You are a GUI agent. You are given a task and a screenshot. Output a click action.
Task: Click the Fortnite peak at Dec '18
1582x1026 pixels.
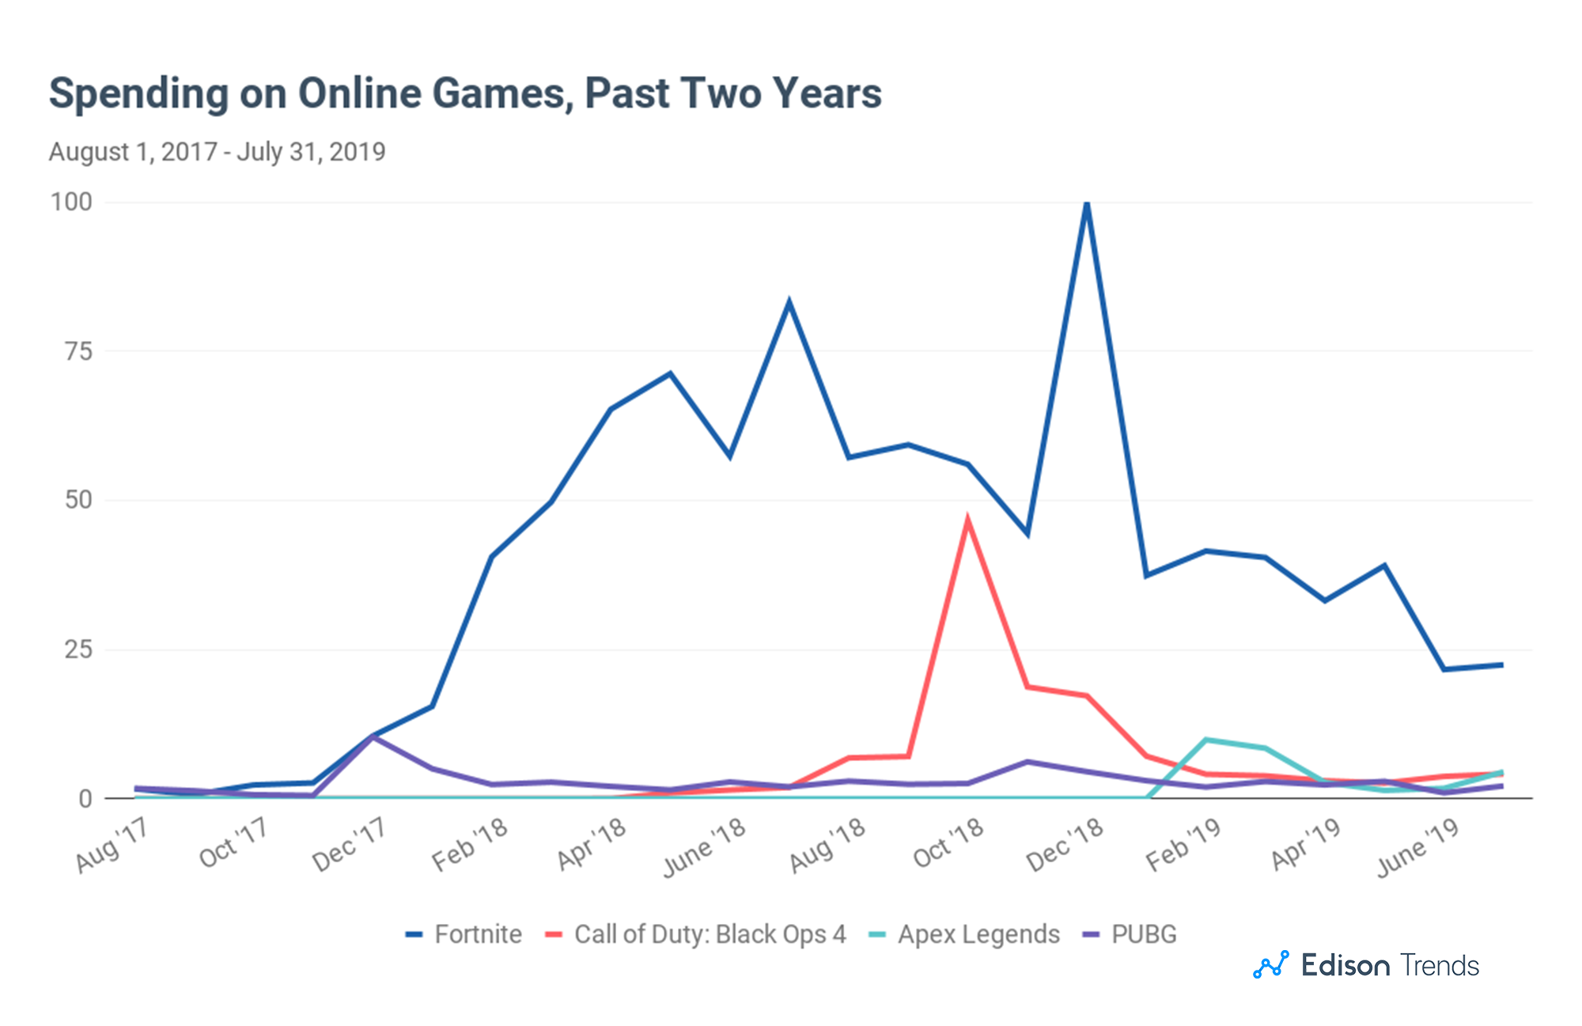[x=1087, y=204]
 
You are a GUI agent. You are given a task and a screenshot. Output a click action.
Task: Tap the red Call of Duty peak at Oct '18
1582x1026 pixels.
[x=967, y=521]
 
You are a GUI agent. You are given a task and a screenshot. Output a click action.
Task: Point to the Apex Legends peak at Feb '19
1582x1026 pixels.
[x=1205, y=740]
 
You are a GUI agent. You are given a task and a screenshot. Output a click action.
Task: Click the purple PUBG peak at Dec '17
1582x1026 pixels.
[x=373, y=736]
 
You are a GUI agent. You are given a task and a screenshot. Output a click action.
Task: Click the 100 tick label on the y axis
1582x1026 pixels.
[x=71, y=202]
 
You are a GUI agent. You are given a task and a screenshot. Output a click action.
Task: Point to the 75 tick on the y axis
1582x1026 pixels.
[x=78, y=351]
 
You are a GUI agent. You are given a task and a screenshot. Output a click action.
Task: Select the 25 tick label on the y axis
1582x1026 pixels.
[x=78, y=650]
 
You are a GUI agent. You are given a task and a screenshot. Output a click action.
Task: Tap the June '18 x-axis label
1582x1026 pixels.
[x=704, y=847]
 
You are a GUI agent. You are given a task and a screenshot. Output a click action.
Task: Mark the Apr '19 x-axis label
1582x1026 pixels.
[x=1305, y=844]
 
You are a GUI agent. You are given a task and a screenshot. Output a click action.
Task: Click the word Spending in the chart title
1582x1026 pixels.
[x=138, y=93]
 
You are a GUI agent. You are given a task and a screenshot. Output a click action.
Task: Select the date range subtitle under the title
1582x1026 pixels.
[x=217, y=151]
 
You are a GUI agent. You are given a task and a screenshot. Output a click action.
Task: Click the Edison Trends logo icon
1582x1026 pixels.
[x=1270, y=965]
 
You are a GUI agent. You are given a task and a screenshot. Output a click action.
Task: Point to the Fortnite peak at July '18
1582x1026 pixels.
[x=789, y=302]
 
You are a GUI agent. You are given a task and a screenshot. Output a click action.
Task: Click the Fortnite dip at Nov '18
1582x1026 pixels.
[x=1027, y=533]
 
